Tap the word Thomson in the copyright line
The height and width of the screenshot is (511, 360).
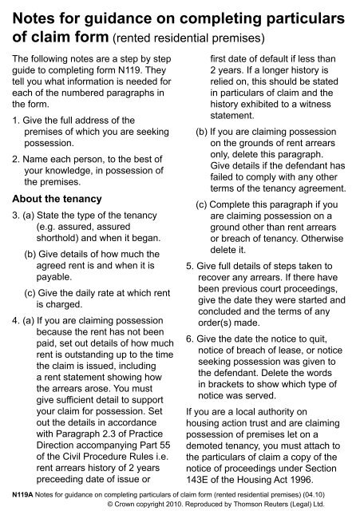255,505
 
